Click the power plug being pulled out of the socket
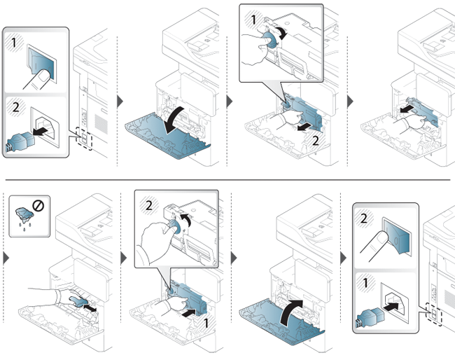[x=20, y=141]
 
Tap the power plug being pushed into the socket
[x=370, y=317]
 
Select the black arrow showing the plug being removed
[x=41, y=131]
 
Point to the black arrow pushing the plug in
[x=391, y=307]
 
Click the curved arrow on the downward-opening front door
[x=175, y=119]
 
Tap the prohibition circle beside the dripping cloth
[x=38, y=206]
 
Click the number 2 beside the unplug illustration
[x=15, y=107]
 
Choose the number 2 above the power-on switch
[x=363, y=219]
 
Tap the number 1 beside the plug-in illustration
[x=365, y=282]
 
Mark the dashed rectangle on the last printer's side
[x=433, y=314]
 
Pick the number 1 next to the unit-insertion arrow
[x=206, y=323]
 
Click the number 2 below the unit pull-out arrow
[x=316, y=141]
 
